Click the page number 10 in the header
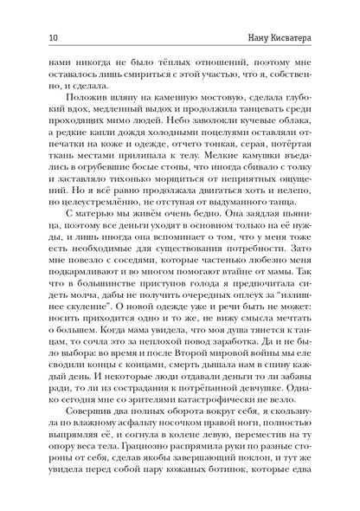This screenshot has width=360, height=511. click(31, 37)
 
